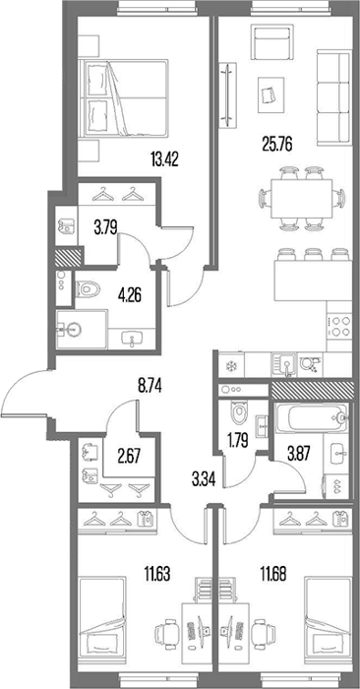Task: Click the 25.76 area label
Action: (x=277, y=144)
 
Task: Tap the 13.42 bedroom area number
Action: (x=164, y=158)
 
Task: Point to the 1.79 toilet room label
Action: (x=236, y=441)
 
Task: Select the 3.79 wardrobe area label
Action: (x=105, y=228)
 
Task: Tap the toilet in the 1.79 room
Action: (x=239, y=413)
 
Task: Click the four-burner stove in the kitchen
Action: (x=339, y=326)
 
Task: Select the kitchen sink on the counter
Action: (x=284, y=365)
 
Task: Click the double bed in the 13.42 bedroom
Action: (x=123, y=97)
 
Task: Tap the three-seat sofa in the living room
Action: (x=334, y=97)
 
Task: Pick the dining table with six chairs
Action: (x=302, y=198)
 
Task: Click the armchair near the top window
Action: (x=271, y=41)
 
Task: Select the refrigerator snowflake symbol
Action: (x=229, y=366)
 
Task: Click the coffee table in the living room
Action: (x=270, y=94)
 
